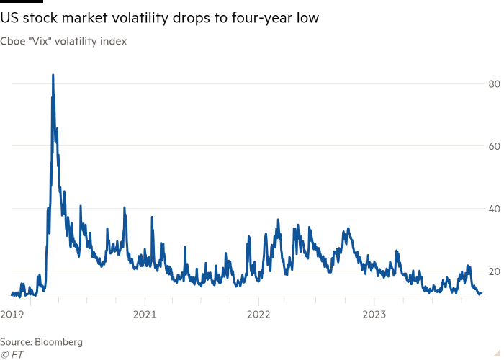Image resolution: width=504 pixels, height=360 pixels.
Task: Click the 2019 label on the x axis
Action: point(12,314)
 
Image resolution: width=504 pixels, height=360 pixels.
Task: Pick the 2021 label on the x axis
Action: point(144,314)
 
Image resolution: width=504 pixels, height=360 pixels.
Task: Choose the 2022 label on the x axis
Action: point(258,314)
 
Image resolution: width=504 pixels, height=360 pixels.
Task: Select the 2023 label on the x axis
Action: point(374,314)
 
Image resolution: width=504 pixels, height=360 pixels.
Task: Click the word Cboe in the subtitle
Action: point(14,42)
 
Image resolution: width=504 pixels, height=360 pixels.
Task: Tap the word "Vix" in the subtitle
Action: point(40,42)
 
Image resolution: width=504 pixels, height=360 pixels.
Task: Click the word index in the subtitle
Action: point(115,42)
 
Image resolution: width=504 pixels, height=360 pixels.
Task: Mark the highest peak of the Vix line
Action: point(53,74)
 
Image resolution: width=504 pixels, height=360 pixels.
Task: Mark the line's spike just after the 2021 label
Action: point(152,217)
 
